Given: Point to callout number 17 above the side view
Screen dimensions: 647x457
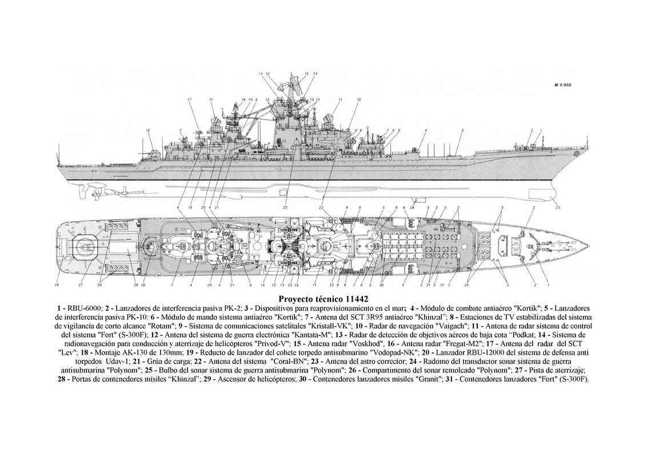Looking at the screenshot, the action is coord(188,100).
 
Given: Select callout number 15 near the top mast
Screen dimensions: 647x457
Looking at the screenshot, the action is coord(306,74).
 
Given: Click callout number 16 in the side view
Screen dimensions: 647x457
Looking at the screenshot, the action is coord(243,100).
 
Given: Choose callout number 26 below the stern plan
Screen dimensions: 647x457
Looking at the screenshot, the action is coord(57,284).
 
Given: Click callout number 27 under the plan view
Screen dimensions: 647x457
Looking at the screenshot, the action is coord(81,284).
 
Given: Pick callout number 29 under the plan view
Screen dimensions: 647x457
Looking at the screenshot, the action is coord(136,284).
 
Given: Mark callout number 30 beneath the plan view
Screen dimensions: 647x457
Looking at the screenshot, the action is coord(381,284).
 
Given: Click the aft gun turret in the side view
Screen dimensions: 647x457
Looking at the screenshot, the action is coord(153,153).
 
